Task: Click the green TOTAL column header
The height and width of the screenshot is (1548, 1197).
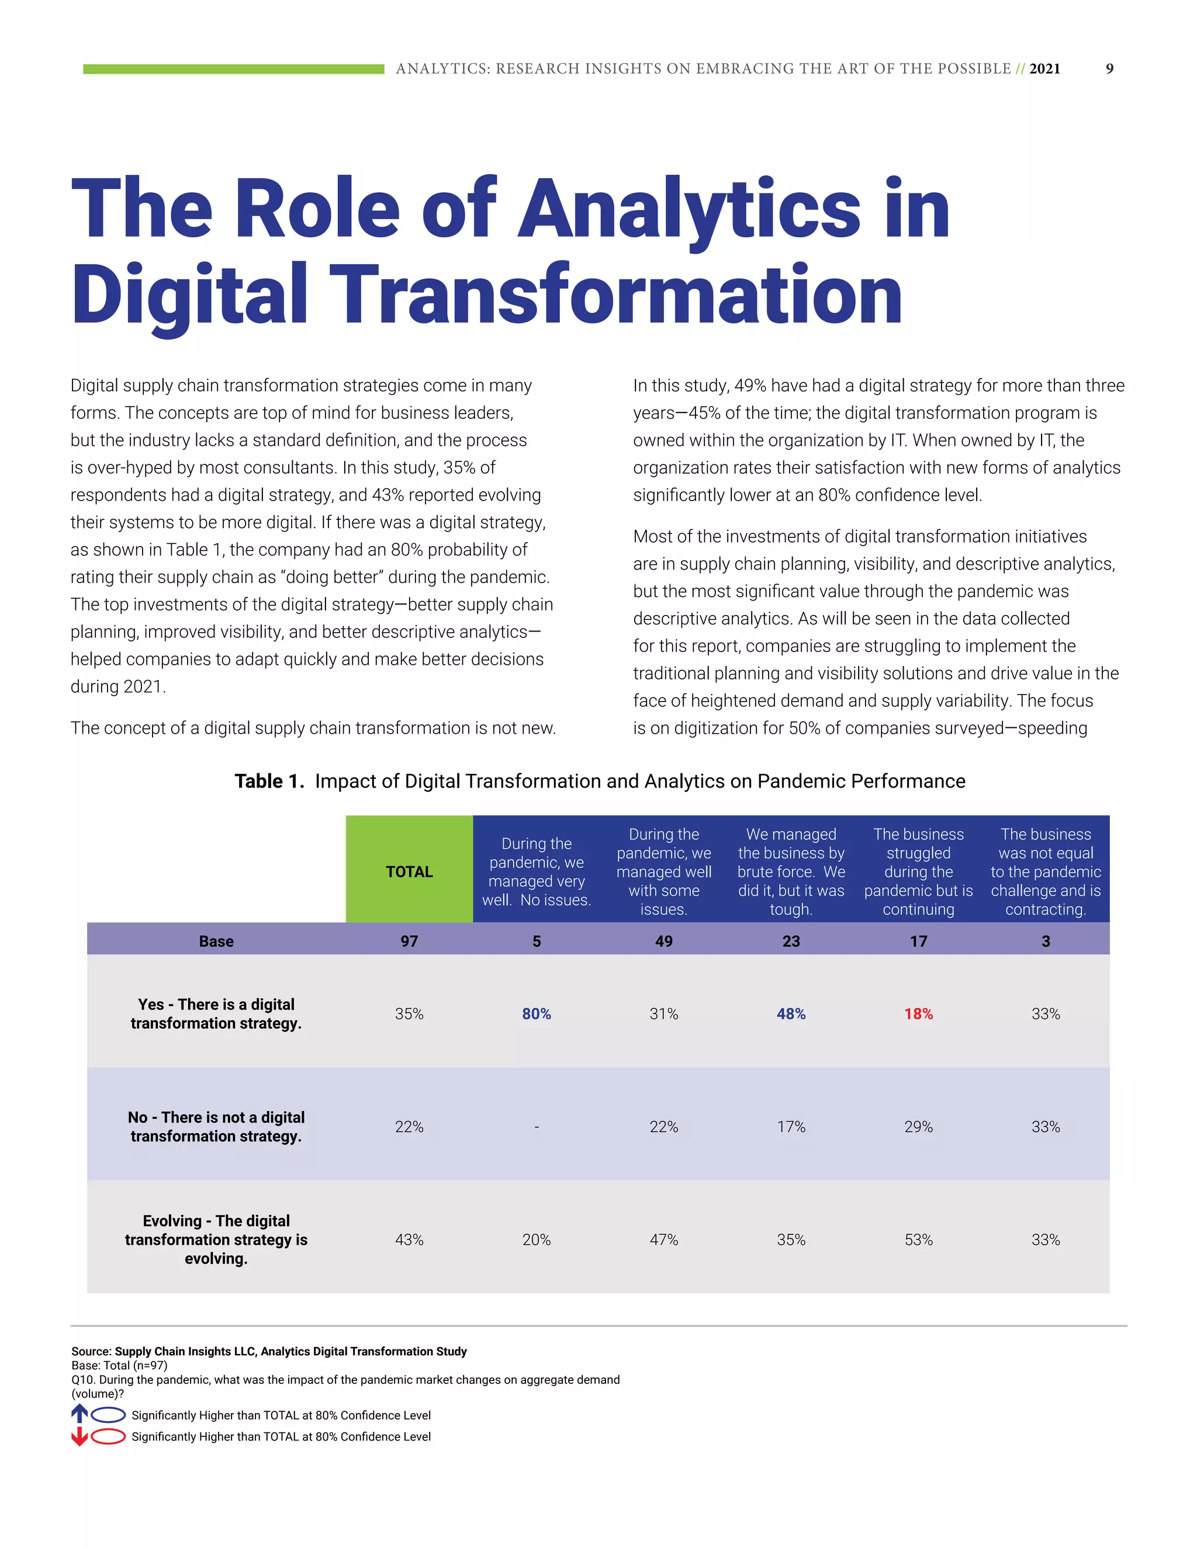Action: point(409,871)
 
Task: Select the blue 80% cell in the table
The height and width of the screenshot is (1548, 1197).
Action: point(536,1014)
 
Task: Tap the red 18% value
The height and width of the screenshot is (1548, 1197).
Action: point(918,1014)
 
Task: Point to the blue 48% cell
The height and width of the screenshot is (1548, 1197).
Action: point(791,1014)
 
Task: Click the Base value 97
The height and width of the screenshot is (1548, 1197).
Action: point(409,941)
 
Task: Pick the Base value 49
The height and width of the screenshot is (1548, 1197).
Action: point(664,941)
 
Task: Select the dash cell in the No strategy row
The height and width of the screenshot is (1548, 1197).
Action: point(537,1127)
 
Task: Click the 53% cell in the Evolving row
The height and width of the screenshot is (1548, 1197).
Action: point(918,1240)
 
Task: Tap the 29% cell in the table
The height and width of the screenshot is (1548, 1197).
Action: point(918,1127)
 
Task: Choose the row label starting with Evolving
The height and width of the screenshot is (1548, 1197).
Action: point(216,1240)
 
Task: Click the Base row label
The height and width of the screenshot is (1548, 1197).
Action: point(216,941)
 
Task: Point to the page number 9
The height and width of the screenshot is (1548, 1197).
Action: point(1110,69)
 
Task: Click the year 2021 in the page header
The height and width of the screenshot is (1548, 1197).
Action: point(1044,69)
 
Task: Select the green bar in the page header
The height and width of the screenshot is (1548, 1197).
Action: point(233,69)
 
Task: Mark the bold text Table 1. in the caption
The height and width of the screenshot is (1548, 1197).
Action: point(269,781)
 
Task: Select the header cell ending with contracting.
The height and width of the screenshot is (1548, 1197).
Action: point(1045,871)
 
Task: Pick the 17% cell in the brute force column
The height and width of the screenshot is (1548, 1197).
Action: point(791,1127)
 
